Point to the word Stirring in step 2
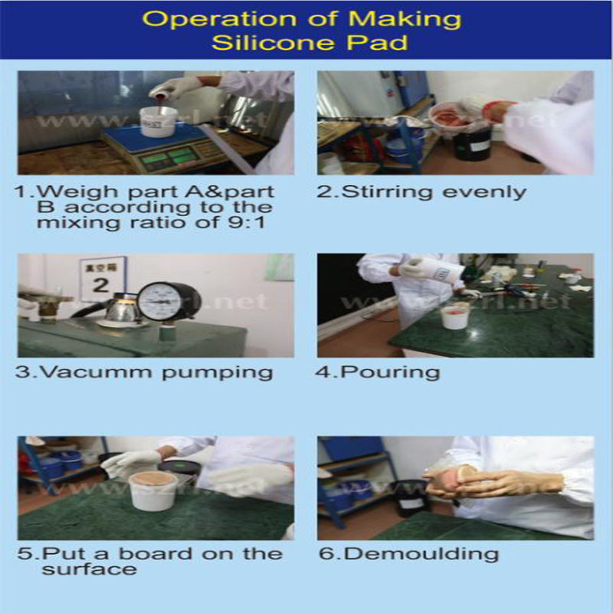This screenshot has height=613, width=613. click(380, 192)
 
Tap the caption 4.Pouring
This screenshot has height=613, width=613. click(379, 373)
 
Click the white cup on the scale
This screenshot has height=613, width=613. click(159, 121)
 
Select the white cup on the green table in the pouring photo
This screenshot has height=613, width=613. click(455, 315)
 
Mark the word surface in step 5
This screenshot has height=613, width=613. click(89, 569)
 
